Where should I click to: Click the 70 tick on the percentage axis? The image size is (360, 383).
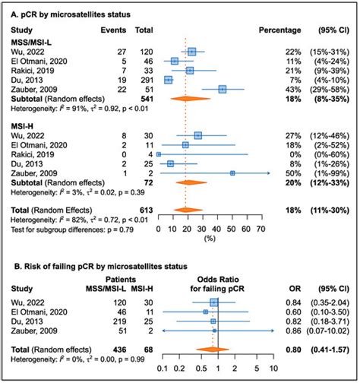click(260, 226)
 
